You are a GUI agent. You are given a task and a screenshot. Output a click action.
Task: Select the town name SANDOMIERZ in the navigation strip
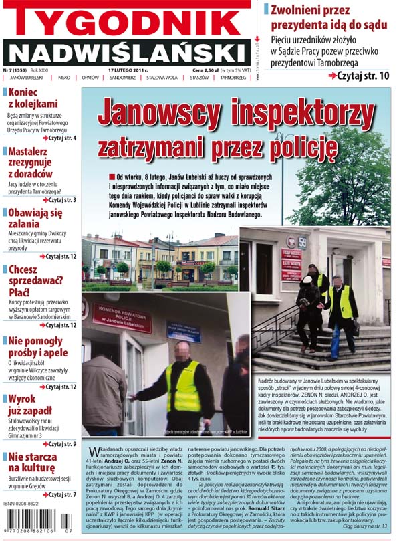[122, 78]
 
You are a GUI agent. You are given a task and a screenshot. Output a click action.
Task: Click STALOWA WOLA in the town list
[162, 78]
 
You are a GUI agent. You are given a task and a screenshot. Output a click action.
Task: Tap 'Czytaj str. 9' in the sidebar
[59, 444]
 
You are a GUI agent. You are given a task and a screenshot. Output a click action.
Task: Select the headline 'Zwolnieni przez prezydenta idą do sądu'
[331, 17]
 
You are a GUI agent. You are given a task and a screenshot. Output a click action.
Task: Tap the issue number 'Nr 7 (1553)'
[16, 70]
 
